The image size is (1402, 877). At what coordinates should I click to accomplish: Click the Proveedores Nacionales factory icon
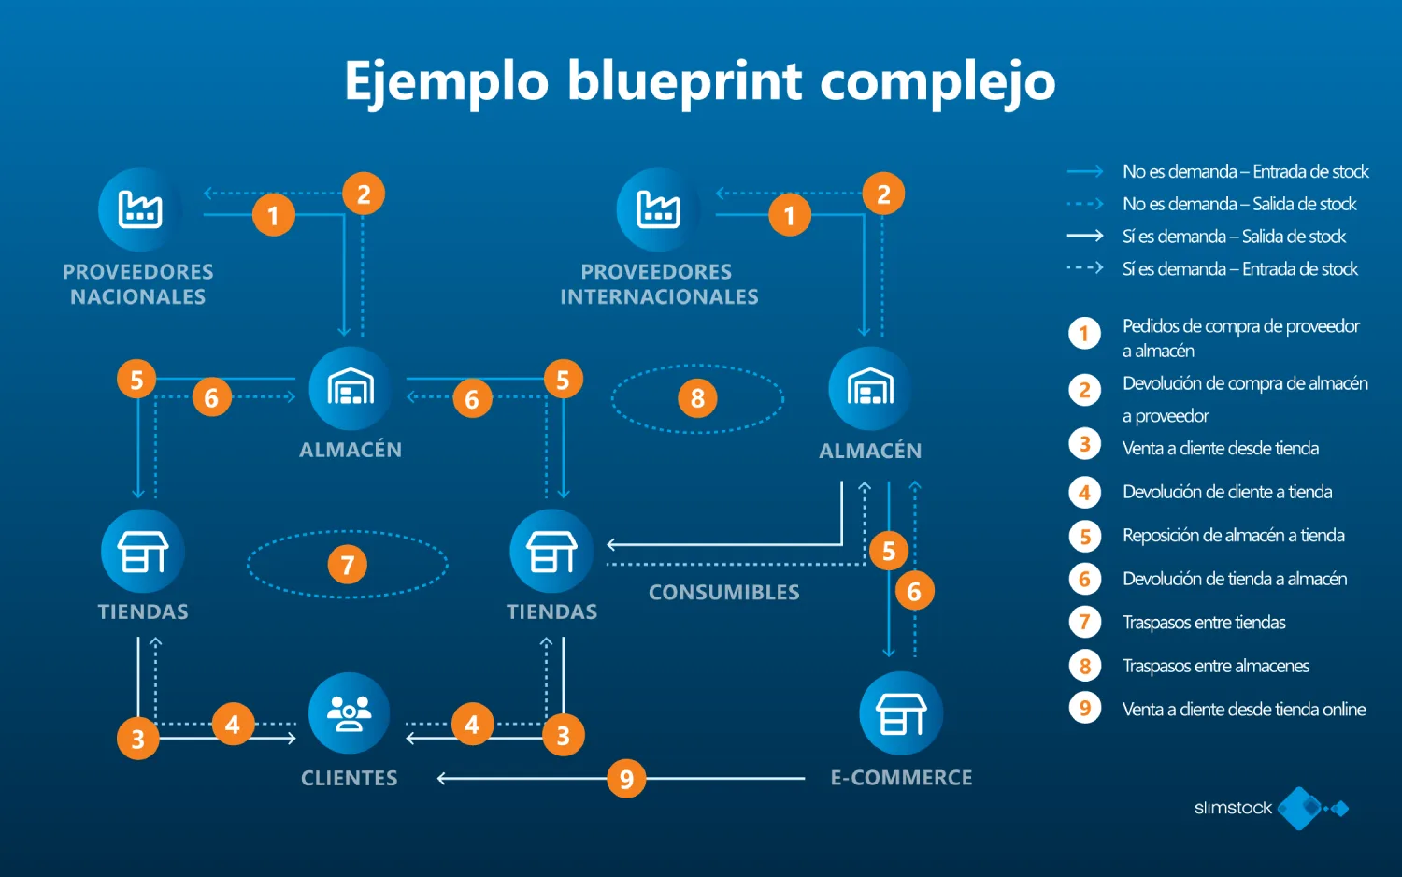click(139, 209)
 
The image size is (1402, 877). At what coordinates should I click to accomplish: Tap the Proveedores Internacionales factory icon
click(658, 209)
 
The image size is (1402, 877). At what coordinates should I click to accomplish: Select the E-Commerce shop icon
click(901, 713)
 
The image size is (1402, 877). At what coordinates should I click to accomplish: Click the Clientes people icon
click(349, 713)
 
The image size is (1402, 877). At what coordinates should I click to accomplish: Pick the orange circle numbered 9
click(626, 779)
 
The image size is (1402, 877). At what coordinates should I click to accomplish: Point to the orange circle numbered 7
click(348, 565)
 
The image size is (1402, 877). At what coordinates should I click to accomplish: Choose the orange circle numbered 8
click(697, 398)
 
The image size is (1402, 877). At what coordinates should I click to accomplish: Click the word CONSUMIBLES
click(724, 593)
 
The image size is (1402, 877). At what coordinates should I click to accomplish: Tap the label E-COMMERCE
click(901, 778)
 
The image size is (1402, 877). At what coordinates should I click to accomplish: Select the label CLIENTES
click(349, 778)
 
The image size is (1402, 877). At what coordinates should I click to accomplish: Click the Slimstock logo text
click(1233, 808)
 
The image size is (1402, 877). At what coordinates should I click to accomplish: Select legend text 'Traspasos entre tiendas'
click(1204, 623)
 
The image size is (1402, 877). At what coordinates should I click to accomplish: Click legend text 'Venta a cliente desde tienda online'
click(1244, 710)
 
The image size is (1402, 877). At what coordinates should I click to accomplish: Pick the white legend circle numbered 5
click(1085, 537)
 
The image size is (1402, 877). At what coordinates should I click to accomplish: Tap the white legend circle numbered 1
click(1085, 334)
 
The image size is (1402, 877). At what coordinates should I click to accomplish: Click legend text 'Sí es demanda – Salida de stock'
click(1234, 237)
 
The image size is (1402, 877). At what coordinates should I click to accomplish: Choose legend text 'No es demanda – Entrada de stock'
click(1245, 172)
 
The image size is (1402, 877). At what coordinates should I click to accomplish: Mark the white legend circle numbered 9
click(1085, 708)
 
